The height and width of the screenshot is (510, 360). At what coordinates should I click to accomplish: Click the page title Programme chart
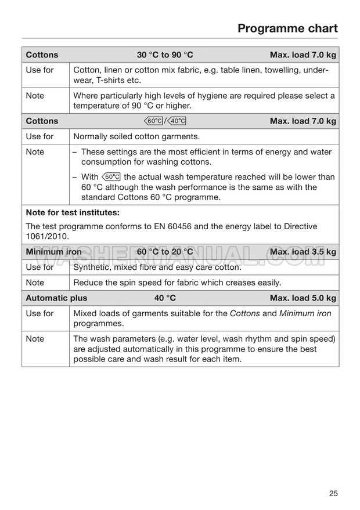[x=287, y=28]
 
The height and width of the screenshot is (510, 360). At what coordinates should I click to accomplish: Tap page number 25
[x=333, y=494]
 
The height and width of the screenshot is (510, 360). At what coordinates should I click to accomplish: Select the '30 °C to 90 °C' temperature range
[x=165, y=55]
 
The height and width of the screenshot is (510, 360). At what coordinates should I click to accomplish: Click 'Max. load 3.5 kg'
[x=303, y=252]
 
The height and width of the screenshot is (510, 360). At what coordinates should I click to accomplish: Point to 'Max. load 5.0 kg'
[x=303, y=298]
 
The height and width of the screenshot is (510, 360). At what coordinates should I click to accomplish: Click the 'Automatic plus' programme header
[x=56, y=298]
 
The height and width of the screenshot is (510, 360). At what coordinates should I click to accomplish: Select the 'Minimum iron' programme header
[x=53, y=252]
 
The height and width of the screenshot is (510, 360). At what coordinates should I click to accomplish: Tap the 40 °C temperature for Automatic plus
[x=165, y=298]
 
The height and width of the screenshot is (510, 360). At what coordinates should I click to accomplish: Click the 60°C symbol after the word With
[x=110, y=177]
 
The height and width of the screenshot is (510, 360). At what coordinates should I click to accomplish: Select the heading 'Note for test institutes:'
[x=73, y=212]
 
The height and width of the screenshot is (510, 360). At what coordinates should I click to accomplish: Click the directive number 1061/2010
[x=48, y=237]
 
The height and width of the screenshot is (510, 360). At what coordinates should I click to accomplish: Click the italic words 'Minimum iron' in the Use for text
[x=305, y=313]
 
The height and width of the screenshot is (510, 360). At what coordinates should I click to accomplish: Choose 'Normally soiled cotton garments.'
[x=136, y=136]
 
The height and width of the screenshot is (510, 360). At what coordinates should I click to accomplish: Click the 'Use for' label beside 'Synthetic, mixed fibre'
[x=39, y=267]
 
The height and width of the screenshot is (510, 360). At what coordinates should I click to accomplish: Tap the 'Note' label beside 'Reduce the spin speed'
[x=35, y=283]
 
